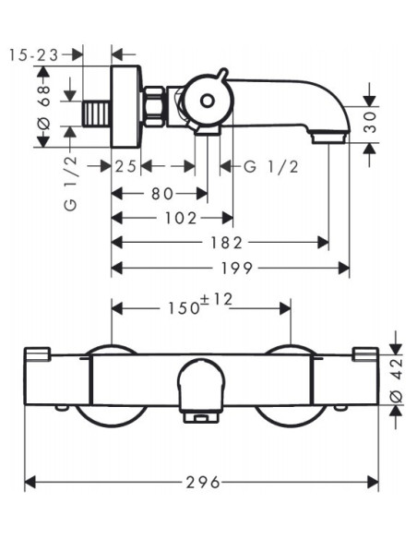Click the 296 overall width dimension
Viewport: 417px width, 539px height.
click(203, 483)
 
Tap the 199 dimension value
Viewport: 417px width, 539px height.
click(237, 269)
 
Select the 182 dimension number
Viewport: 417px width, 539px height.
click(226, 243)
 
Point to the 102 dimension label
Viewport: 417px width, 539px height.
click(181, 219)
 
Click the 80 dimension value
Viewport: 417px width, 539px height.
click(162, 194)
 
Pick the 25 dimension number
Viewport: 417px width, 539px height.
click(125, 167)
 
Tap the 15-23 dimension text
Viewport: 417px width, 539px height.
click(33, 55)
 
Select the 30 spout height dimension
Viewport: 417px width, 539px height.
click(370, 123)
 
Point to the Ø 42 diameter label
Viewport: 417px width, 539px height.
click(397, 380)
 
